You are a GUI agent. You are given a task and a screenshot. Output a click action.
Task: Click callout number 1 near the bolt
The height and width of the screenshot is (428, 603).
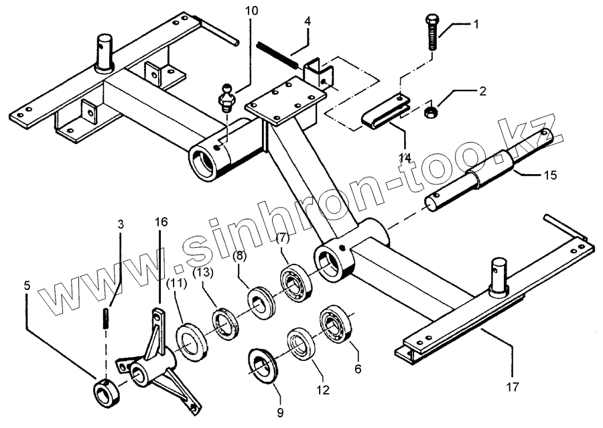coord(476,25)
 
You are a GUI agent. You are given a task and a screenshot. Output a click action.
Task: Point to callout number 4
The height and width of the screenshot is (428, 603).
coord(308,21)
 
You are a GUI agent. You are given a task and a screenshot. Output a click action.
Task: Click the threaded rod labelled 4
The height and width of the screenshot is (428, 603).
coord(277,54)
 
